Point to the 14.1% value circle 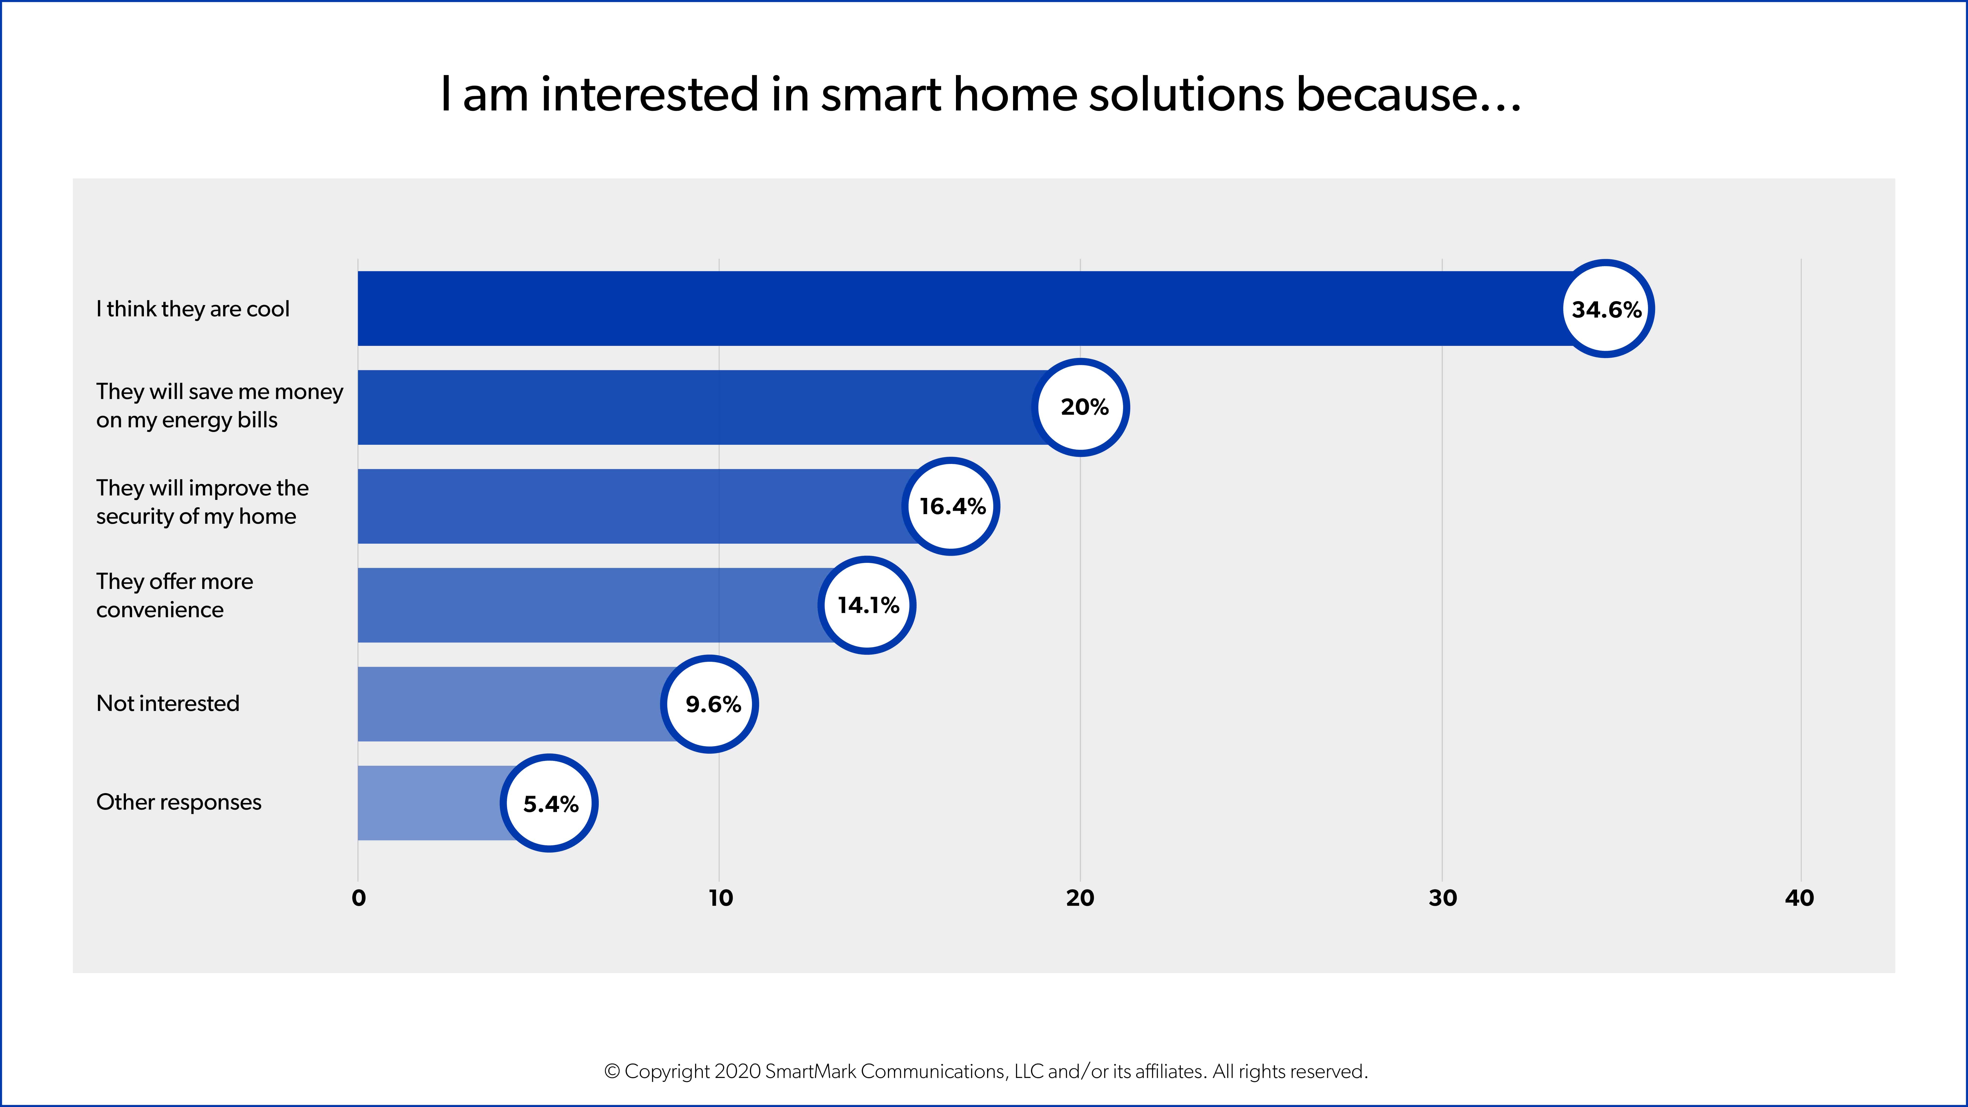[x=867, y=605]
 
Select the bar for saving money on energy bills [x=688, y=407]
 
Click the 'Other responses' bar [x=428, y=803]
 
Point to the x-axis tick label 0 [x=358, y=898]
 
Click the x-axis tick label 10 [x=720, y=898]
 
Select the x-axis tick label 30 [x=1442, y=898]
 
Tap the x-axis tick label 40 [x=1799, y=898]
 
